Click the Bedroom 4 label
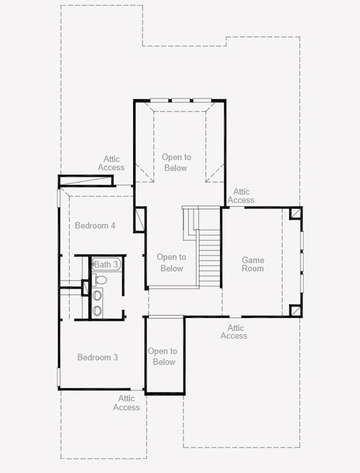click(95, 225)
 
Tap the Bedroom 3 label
click(97, 357)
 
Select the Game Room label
click(253, 264)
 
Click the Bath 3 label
click(106, 264)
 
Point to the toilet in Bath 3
click(100, 280)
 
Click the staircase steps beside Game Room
click(209, 259)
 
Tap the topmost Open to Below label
click(176, 163)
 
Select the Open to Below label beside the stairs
click(171, 262)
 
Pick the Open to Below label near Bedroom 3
click(162, 357)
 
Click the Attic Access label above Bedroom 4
click(111, 163)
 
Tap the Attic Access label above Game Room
click(241, 196)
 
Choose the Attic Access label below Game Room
click(234, 332)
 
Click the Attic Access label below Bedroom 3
click(127, 403)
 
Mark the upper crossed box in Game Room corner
click(295, 213)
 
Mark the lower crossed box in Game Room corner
click(295, 310)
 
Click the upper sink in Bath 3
click(97, 295)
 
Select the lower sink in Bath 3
click(97, 310)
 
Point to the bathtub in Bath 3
click(107, 264)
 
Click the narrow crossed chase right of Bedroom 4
click(139, 220)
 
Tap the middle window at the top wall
click(180, 100)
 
